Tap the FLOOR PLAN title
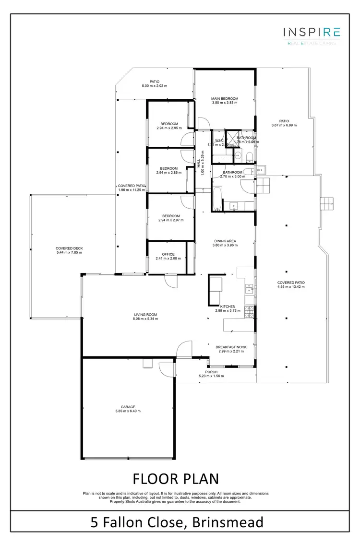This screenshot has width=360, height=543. [x=175, y=478]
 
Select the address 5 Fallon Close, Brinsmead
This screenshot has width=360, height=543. [x=176, y=521]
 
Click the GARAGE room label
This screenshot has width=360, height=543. [x=128, y=407]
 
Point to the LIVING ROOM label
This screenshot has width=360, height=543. [x=145, y=315]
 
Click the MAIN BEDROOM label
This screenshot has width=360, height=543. [x=225, y=99]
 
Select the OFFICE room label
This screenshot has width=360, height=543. [x=168, y=254]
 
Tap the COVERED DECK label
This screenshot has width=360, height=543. [x=69, y=248]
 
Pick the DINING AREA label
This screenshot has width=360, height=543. [x=225, y=241]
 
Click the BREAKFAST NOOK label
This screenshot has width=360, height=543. [x=231, y=347]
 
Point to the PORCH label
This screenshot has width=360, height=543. [x=211, y=372]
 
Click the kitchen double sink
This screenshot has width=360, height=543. [x=249, y=288]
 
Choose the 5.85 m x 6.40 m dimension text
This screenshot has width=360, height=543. [x=128, y=411]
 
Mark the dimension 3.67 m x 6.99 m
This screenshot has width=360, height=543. [x=284, y=125]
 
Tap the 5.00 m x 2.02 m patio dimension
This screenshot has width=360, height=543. [x=154, y=86]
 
